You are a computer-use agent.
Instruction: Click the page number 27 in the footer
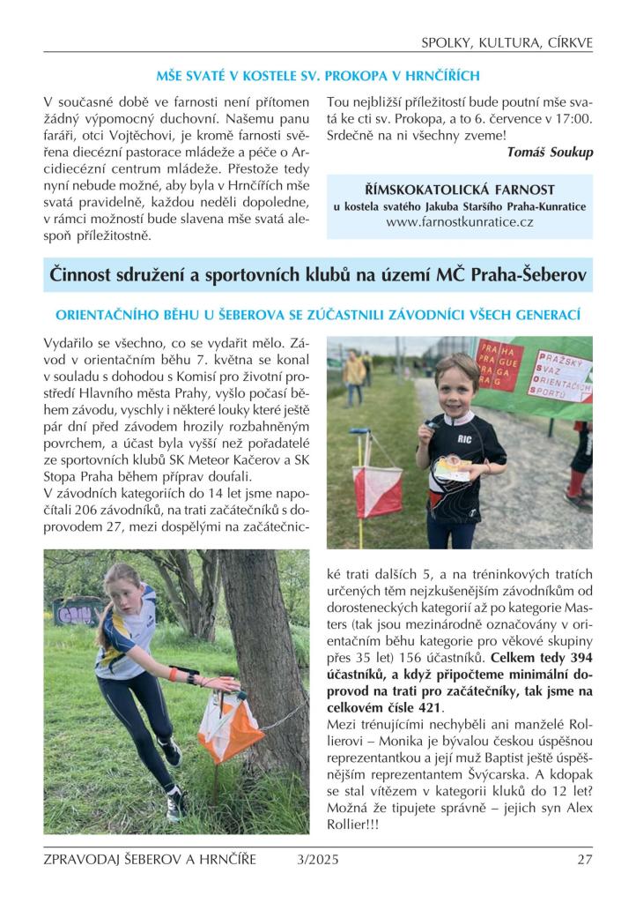(x=585, y=860)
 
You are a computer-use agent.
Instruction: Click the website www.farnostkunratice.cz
(x=459, y=222)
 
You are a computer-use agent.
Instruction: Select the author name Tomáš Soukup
(x=550, y=152)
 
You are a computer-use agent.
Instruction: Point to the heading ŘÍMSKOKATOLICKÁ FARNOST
(x=459, y=190)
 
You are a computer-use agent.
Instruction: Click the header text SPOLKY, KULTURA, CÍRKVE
(x=507, y=42)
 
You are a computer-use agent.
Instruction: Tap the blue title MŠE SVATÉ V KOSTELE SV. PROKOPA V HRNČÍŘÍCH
(x=318, y=76)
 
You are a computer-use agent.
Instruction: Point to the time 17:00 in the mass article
(x=573, y=118)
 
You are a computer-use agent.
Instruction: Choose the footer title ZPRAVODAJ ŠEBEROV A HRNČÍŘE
(x=150, y=860)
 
